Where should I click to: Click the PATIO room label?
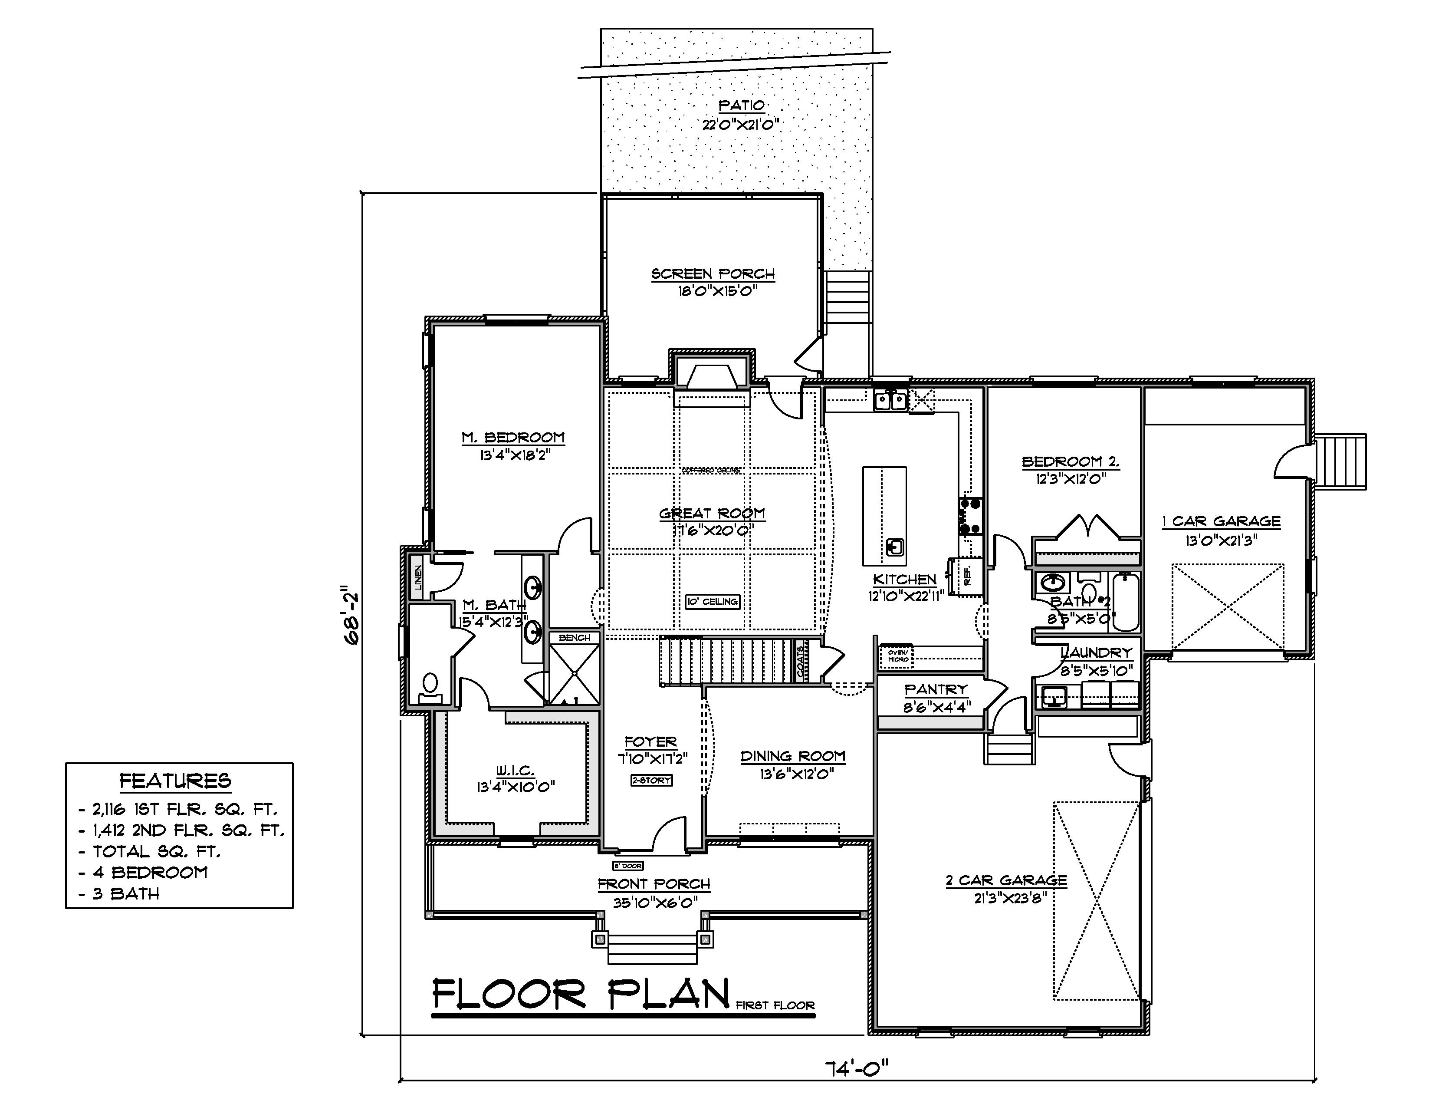pyautogui.click(x=741, y=105)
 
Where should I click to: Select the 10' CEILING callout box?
pyautogui.click(x=712, y=601)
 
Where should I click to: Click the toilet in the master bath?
pyautogui.click(x=430, y=687)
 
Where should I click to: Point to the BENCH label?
pyautogui.click(x=575, y=637)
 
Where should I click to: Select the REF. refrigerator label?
pyautogui.click(x=968, y=577)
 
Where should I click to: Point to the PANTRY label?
pyautogui.click(x=936, y=689)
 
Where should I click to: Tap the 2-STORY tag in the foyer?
pyautogui.click(x=651, y=781)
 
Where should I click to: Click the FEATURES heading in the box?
pyautogui.click(x=175, y=781)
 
